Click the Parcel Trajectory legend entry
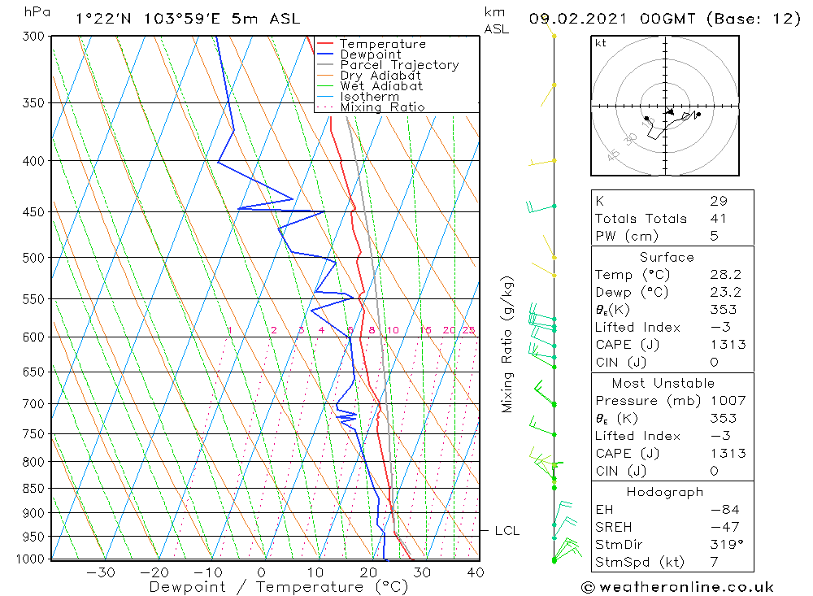[x=398, y=65]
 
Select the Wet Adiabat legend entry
[x=381, y=86]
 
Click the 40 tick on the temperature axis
[x=476, y=572]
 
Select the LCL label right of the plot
[x=506, y=531]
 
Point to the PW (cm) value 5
[x=714, y=237]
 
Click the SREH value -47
[x=720, y=527]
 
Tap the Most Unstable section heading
[x=663, y=383]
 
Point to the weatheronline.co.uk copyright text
[x=677, y=587]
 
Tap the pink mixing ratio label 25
[x=468, y=330]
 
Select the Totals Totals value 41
[x=718, y=219]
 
